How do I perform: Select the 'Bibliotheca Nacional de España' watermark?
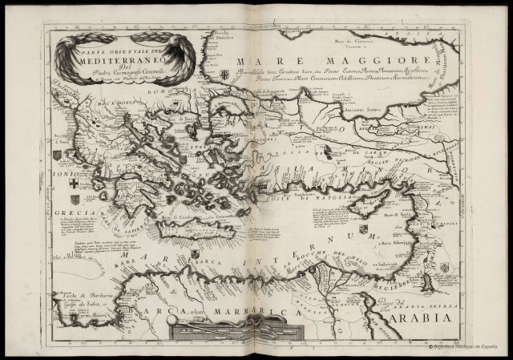click(x=464, y=350)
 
